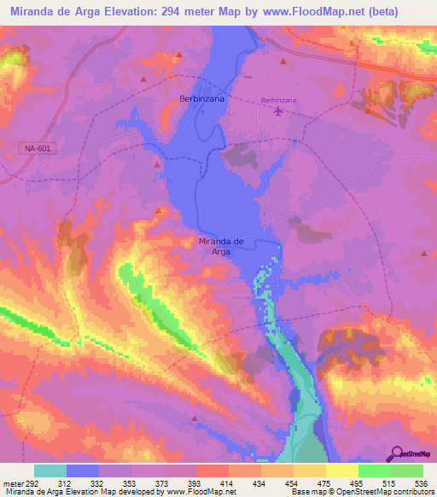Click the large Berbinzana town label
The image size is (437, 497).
tap(202, 99)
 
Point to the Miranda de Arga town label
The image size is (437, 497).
tap(221, 246)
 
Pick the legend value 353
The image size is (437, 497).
tap(131, 482)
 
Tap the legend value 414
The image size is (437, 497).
tap(228, 482)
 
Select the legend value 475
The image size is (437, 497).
tap(325, 482)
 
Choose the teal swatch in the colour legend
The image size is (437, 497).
tap(50, 471)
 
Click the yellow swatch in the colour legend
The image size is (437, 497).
tap(342, 471)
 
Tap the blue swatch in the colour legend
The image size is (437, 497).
tap(83, 471)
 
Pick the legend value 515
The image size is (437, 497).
tap(390, 482)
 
